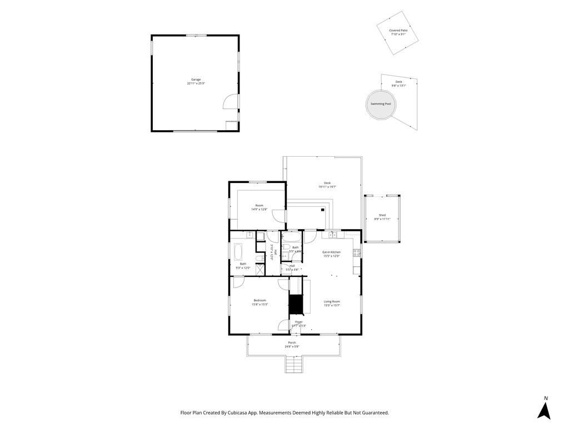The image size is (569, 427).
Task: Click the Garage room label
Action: [196, 80]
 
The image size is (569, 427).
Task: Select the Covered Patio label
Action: [398, 31]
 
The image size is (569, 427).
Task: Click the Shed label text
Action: [382, 215]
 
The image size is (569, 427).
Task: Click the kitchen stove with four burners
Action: [357, 253]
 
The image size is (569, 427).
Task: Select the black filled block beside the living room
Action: [295, 305]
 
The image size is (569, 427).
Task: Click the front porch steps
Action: [294, 365]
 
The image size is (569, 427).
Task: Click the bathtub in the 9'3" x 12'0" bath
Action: [238, 252]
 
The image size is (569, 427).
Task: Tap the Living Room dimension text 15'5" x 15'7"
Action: [332, 305]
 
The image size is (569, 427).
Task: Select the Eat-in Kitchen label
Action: [332, 252]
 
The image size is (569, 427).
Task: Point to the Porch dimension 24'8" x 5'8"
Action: [292, 346]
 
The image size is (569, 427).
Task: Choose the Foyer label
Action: [299, 321]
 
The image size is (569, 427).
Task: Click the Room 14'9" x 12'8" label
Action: [259, 206]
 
